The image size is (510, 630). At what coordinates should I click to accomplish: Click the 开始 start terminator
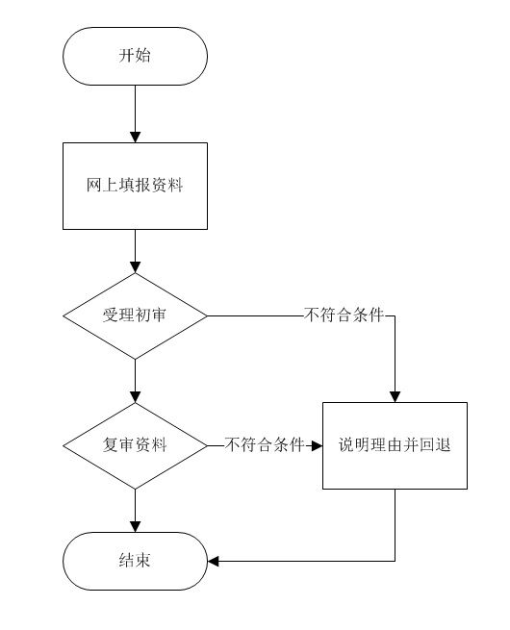(135, 56)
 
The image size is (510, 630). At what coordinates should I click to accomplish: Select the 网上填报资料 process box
(135, 186)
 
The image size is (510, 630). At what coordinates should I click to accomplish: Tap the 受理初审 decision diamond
(135, 315)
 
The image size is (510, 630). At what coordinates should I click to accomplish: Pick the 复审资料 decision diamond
(135, 445)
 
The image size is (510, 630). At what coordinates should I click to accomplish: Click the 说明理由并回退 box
(395, 445)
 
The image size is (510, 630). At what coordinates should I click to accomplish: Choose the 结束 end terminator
(135, 561)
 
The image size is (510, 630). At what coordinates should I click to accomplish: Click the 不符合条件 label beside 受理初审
(344, 315)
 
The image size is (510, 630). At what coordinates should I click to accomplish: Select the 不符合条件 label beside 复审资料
(265, 444)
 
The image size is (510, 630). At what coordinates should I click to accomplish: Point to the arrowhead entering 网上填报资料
(135, 138)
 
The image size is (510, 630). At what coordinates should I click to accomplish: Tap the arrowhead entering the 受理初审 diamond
(135, 267)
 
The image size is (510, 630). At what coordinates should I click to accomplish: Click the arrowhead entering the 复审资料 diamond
(135, 397)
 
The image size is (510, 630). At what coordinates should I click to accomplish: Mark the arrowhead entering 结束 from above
(135, 527)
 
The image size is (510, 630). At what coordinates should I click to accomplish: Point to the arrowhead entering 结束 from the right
(213, 561)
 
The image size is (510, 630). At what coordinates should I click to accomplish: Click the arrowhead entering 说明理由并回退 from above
(395, 397)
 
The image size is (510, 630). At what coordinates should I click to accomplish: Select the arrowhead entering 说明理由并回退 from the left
(318, 445)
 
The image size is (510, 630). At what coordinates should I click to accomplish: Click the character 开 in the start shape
(127, 55)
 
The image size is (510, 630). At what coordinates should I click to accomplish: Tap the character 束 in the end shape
(143, 560)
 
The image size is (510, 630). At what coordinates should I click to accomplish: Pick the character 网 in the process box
(94, 185)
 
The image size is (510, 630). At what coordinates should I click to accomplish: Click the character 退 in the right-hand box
(443, 444)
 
